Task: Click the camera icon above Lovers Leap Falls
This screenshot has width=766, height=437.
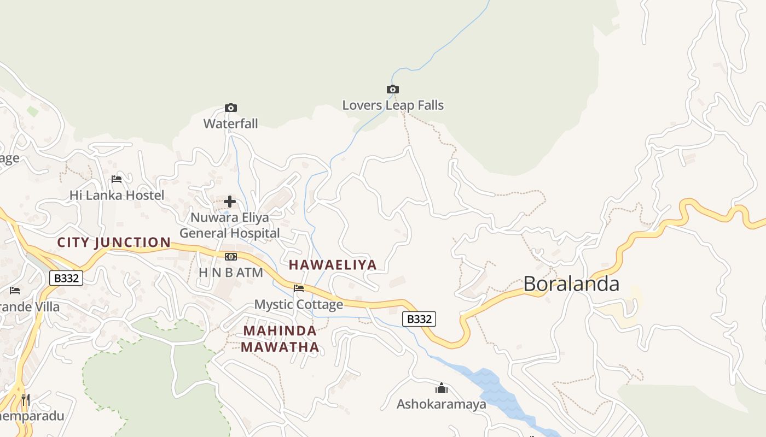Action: pos(392,90)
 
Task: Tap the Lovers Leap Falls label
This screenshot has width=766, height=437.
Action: pos(393,105)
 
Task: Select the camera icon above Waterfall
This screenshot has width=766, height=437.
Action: pos(231,108)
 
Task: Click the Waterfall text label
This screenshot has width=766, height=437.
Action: pos(230,123)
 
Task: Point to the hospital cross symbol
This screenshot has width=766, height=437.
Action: pos(230,202)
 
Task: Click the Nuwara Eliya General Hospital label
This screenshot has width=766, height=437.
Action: pos(230,225)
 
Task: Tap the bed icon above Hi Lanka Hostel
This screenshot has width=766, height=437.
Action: pos(117,179)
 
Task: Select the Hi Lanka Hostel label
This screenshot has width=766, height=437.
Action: pos(117,195)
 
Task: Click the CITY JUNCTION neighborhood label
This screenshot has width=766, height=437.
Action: pos(114,243)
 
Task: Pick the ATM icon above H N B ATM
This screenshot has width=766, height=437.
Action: pos(231,257)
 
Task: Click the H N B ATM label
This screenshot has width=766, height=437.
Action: pos(230,272)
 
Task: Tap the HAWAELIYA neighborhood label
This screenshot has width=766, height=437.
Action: pos(333,265)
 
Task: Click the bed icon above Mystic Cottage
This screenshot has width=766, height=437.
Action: pos(299,288)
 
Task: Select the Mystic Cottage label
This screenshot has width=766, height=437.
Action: pos(299,304)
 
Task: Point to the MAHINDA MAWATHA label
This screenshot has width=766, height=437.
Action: pos(280,339)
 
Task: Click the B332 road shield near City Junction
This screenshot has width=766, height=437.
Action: pos(66,278)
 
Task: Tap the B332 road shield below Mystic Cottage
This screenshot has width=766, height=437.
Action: pos(419,319)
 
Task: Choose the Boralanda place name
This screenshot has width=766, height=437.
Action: pos(571,284)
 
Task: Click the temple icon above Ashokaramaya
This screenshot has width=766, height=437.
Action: pos(442,388)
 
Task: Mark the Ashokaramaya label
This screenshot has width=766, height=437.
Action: pos(442,404)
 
